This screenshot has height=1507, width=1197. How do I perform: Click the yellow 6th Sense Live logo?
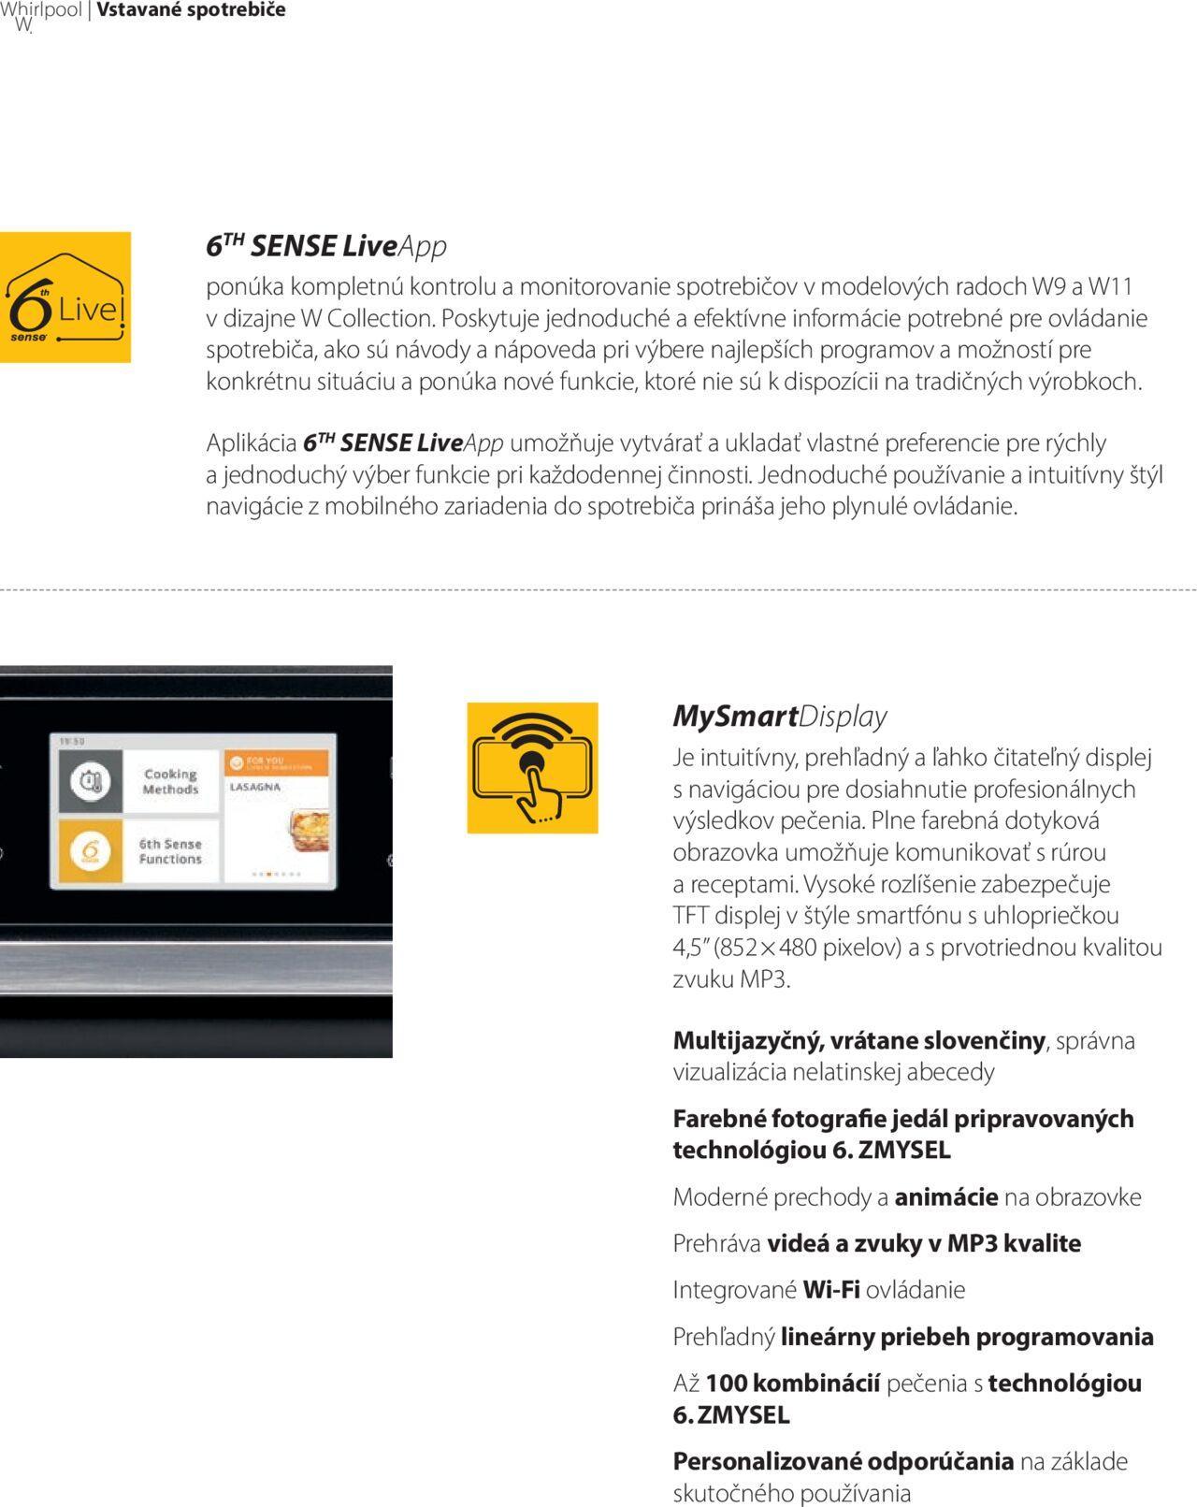coord(65,297)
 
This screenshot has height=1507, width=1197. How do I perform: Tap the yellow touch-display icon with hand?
coord(532,768)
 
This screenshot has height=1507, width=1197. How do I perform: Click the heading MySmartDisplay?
coord(779,717)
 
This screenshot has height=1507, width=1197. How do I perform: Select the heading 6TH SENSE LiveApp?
coord(326,246)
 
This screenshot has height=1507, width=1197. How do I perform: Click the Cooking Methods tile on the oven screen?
coord(170,782)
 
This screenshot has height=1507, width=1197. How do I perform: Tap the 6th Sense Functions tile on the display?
coord(170,851)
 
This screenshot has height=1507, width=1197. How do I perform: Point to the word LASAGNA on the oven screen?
coord(255,788)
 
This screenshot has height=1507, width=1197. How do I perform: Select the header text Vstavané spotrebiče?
coord(191,10)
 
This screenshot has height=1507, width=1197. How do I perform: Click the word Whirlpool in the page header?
coord(42,10)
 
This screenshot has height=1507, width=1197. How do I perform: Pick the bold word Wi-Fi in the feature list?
coord(830,1290)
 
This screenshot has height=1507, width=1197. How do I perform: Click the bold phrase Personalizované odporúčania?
coord(843,1461)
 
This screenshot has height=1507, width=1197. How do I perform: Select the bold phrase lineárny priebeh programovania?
coord(966,1337)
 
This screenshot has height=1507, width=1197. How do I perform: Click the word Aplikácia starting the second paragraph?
coord(251,443)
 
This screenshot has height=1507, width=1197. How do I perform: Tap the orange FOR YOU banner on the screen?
coord(276,763)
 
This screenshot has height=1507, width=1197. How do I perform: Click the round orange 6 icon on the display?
coord(91,851)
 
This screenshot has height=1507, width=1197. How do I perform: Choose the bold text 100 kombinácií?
coord(792,1384)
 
